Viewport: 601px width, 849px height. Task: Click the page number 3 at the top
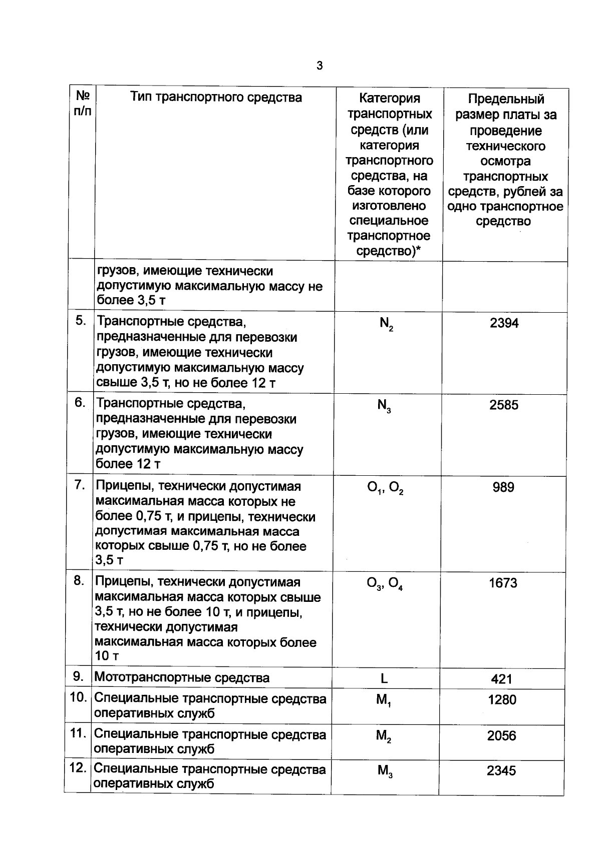(x=320, y=66)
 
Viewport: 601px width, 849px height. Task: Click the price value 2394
(x=504, y=323)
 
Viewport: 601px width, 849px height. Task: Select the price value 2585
(x=504, y=405)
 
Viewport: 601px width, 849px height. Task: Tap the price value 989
(x=503, y=487)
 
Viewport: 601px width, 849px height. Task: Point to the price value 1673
(x=503, y=583)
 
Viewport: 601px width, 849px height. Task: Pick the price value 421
(x=502, y=679)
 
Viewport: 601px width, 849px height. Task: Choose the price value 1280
(x=502, y=700)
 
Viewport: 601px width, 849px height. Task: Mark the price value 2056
(x=502, y=736)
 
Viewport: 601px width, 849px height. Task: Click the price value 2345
(x=501, y=771)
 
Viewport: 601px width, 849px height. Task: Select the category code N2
(x=386, y=324)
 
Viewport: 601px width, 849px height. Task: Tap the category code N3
(x=384, y=406)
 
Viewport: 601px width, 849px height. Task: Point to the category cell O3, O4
(x=385, y=584)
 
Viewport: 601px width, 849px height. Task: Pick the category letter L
(x=384, y=679)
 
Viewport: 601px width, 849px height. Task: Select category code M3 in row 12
(x=384, y=771)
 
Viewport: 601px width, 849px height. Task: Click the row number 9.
(x=79, y=677)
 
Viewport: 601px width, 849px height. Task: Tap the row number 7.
(x=80, y=485)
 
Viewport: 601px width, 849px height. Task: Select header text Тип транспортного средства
(x=216, y=97)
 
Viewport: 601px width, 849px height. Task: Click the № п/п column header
(x=83, y=103)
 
